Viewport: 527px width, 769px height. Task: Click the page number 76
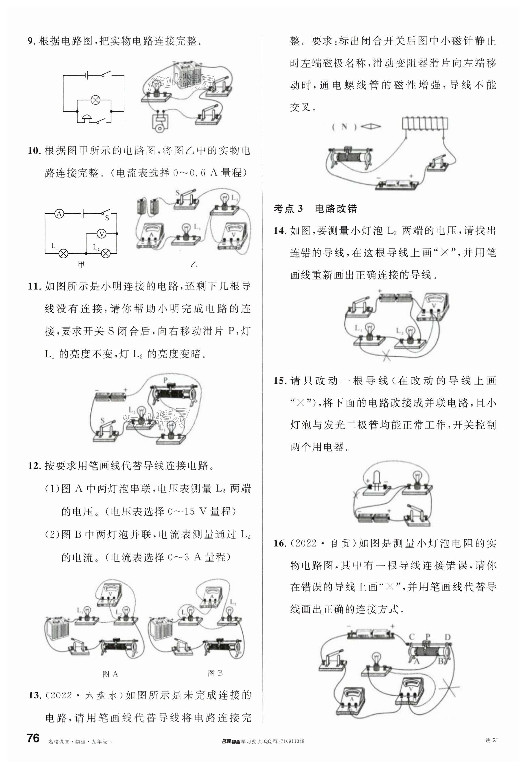[x=33, y=738]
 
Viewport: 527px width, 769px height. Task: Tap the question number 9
[x=31, y=41]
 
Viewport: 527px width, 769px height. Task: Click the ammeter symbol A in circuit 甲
[x=59, y=214]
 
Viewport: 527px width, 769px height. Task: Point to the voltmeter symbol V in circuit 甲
[x=101, y=234]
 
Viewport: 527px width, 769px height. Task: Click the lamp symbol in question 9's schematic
[x=95, y=100]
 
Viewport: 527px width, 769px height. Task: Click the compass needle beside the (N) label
[x=370, y=126]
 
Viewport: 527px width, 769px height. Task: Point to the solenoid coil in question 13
[x=425, y=123]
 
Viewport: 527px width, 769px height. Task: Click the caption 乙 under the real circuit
[x=194, y=264]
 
